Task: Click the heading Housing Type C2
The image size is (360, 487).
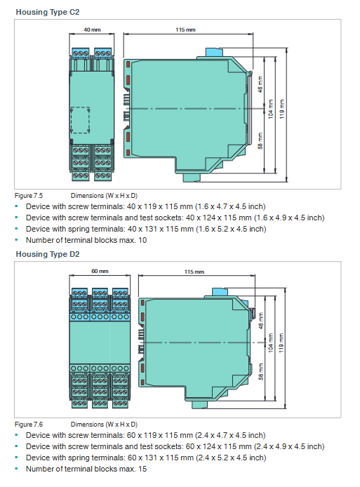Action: point(48,12)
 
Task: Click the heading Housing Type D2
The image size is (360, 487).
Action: point(48,254)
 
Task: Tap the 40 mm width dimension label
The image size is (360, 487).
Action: point(92,29)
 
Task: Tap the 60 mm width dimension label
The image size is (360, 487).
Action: point(100,271)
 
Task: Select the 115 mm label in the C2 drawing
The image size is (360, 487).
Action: point(185,29)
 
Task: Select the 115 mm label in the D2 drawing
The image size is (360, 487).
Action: point(194,272)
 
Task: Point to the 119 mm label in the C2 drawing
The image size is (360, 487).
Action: point(281,109)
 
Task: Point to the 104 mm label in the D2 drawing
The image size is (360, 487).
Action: point(271,343)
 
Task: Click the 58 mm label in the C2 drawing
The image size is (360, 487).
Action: point(260,140)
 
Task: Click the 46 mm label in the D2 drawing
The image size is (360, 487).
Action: point(261,321)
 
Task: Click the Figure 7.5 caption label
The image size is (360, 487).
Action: point(29,196)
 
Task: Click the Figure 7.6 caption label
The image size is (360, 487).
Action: point(29,425)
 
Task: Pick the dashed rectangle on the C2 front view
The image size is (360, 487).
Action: point(71,120)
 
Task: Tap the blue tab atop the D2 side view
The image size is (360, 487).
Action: point(220,292)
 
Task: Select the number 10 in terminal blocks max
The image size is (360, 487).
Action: point(142,240)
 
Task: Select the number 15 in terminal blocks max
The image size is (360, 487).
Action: point(142,469)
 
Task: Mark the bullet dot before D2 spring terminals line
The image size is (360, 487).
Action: point(16,458)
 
